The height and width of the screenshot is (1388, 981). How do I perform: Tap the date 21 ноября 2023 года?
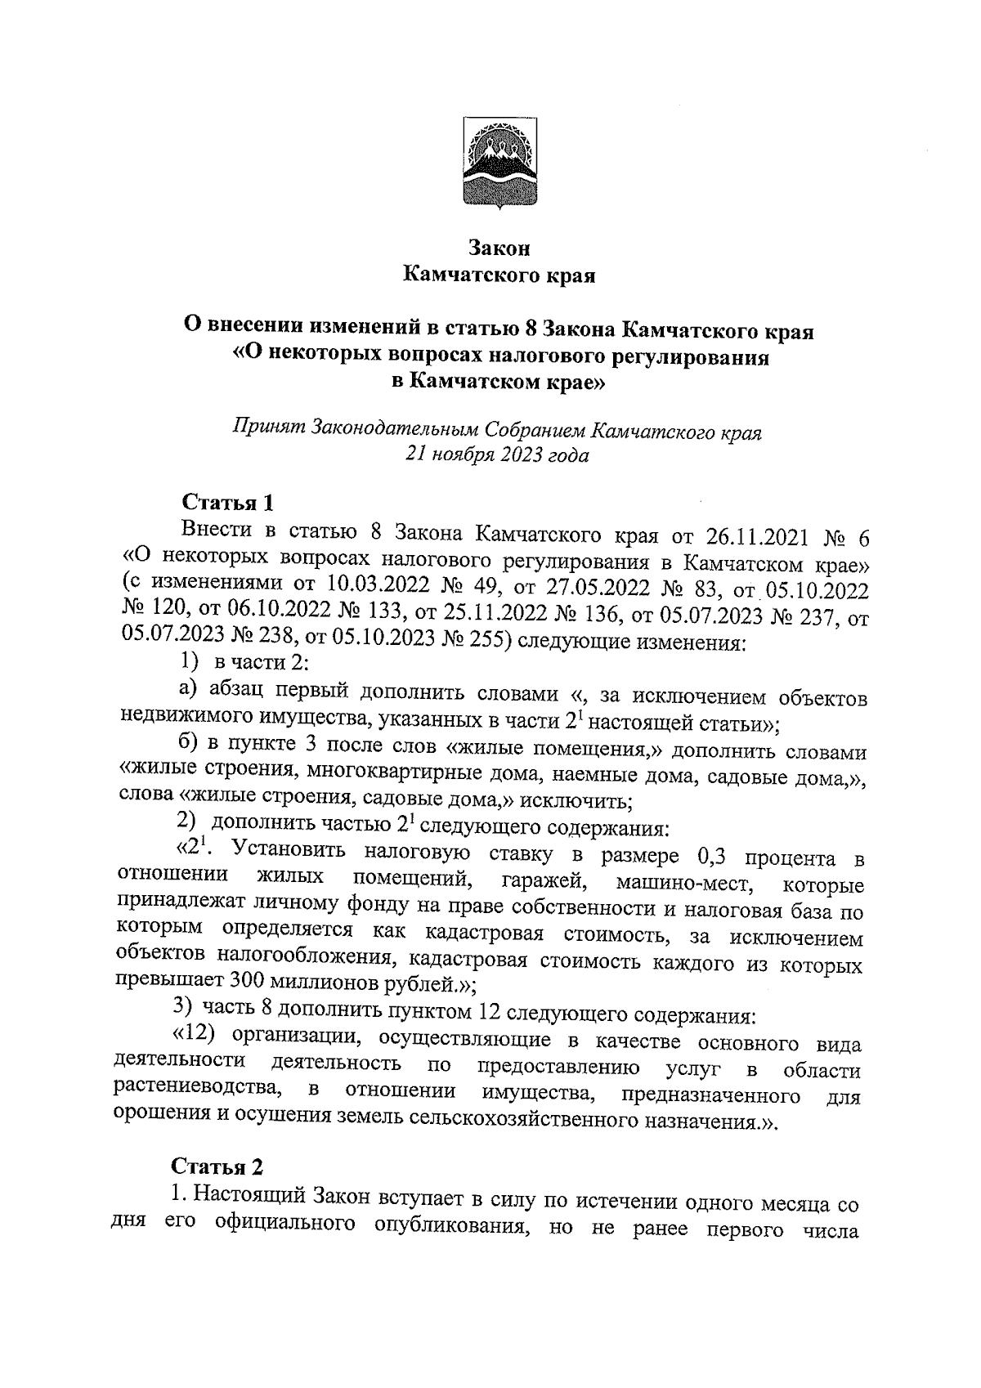pyautogui.click(x=498, y=454)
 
